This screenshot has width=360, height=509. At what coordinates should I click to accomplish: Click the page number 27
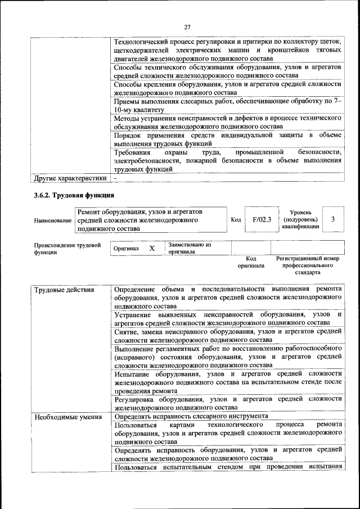[187, 26]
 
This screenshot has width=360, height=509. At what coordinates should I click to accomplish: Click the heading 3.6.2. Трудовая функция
[74, 195]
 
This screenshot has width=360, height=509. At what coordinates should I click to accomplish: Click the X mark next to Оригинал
[151, 248]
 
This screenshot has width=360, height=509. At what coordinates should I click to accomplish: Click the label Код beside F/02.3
[236, 220]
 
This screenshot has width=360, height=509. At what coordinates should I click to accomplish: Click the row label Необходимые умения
[67, 417]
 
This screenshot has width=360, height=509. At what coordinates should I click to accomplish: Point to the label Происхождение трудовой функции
[67, 249]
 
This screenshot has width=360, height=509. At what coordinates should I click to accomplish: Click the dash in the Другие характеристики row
[116, 178]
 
